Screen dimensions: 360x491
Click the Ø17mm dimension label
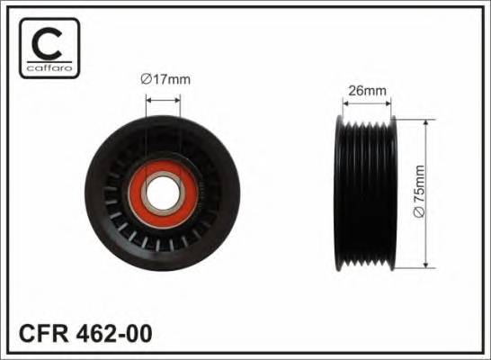pos(166,79)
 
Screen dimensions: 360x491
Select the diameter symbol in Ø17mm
pos(147,79)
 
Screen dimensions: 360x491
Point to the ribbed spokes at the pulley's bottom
pos(162,241)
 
